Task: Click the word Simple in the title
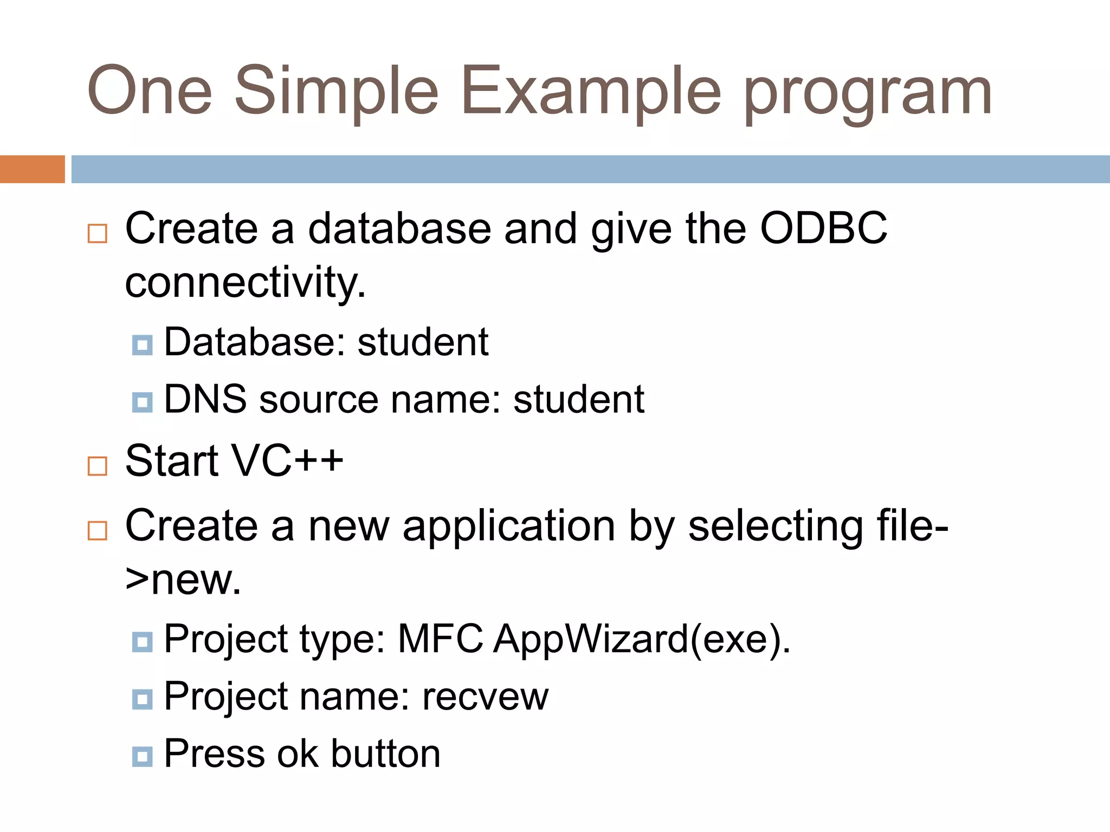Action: coord(336,91)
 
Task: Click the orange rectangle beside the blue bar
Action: coord(32,169)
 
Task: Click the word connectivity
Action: coord(245,283)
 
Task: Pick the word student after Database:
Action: coord(423,342)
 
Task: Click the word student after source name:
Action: coord(578,400)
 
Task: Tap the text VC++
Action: coord(287,461)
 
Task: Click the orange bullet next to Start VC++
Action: coord(98,466)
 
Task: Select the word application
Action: coord(508,526)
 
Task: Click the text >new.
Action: coord(183,581)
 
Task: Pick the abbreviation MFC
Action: coord(440,639)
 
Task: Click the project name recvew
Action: coord(485,697)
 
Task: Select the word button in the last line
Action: coord(385,754)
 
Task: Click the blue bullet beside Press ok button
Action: coord(142,756)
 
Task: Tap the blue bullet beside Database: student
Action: coord(142,344)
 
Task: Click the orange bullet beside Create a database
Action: coord(98,233)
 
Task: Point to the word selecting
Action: coord(776,527)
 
